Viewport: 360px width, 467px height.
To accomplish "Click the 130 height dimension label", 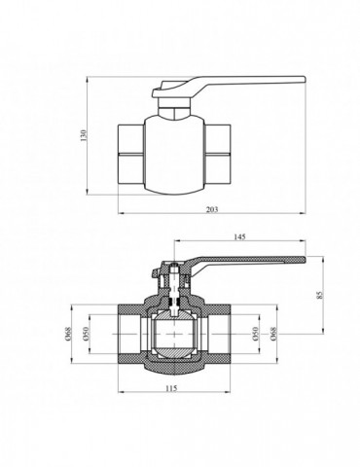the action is click(x=84, y=135).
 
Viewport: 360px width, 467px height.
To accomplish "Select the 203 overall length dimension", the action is click(x=212, y=209).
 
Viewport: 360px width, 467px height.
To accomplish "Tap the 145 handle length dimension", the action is click(x=239, y=236).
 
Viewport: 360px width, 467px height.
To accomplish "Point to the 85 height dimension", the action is click(x=319, y=295).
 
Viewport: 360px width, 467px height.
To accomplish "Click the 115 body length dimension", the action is click(x=171, y=388).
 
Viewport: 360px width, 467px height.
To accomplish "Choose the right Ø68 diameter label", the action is click(x=273, y=334).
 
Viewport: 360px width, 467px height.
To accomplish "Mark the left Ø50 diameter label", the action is click(x=87, y=334).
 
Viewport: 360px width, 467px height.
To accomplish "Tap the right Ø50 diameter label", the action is click(x=255, y=334).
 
